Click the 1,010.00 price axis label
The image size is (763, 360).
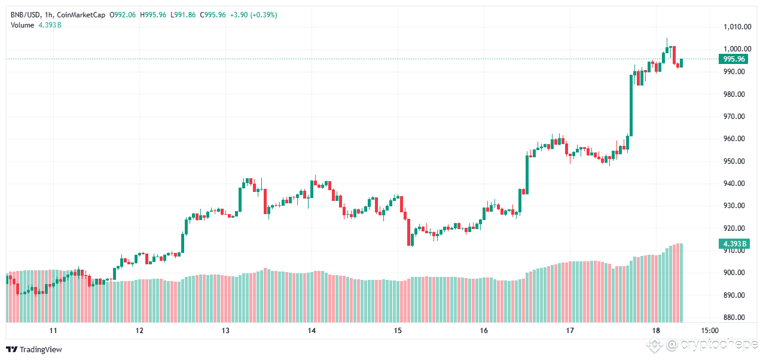pyautogui.click(x=737, y=26)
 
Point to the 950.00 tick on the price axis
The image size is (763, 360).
pyautogui.click(x=734, y=161)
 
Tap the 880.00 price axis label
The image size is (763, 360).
pyautogui.click(x=734, y=318)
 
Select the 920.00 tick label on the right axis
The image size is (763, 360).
pyautogui.click(x=734, y=228)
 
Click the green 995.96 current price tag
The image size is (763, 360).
pyautogui.click(x=734, y=59)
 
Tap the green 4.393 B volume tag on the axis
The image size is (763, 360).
pyautogui.click(x=734, y=244)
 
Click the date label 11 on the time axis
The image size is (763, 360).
pyautogui.click(x=53, y=330)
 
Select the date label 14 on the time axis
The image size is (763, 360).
pyautogui.click(x=312, y=330)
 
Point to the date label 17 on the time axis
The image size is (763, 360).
pyautogui.click(x=570, y=330)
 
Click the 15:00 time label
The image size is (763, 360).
pyautogui.click(x=710, y=330)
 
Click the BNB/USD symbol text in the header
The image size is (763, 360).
pyautogui.click(x=26, y=15)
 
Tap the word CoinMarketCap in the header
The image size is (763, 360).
pyautogui.click(x=81, y=15)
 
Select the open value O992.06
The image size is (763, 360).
pyautogui.click(x=123, y=15)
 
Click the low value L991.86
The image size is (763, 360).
pyautogui.click(x=183, y=15)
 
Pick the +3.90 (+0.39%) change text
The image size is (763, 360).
pyautogui.click(x=254, y=15)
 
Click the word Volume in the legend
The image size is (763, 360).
pyautogui.click(x=23, y=25)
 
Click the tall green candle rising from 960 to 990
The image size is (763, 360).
pyautogui.click(x=631, y=105)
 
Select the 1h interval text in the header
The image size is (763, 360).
pyautogui.click(x=48, y=15)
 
